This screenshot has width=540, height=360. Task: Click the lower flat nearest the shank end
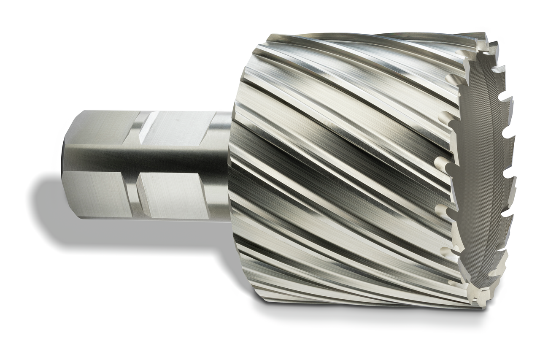tap(103, 194)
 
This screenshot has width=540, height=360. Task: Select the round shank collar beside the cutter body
tap(221, 165)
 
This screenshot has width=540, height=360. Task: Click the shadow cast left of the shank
tap(46, 203)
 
